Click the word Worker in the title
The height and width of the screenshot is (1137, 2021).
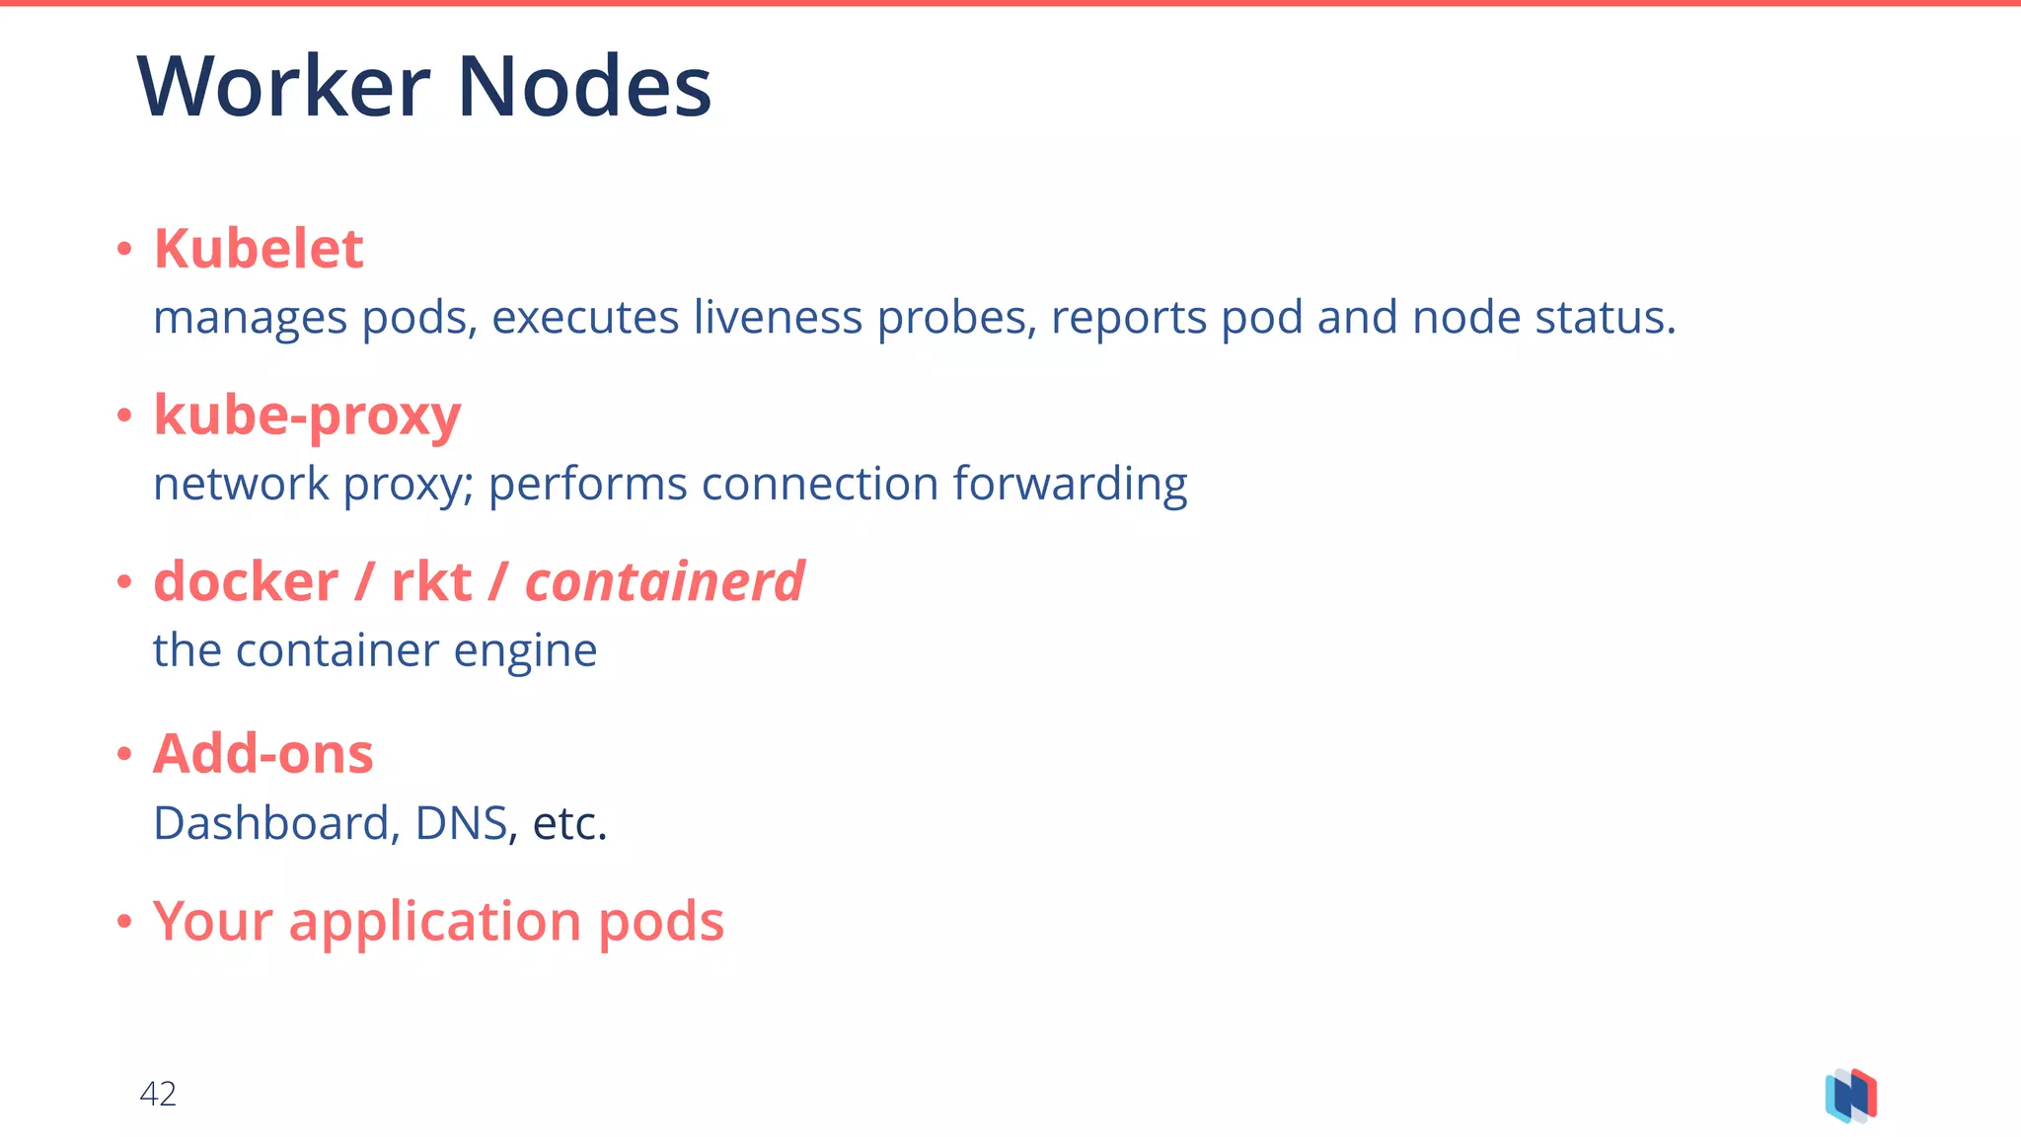click(x=284, y=87)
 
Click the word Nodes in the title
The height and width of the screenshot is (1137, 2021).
click(x=584, y=87)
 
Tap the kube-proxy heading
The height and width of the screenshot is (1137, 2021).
click(x=307, y=416)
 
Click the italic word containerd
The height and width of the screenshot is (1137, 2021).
click(x=664, y=581)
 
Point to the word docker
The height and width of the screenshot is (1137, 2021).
click(x=246, y=581)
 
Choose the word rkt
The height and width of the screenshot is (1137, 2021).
click(x=431, y=581)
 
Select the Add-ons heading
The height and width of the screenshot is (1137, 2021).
click(x=262, y=754)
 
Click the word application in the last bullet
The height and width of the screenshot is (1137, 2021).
click(x=435, y=921)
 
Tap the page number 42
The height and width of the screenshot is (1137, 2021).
click(x=158, y=1094)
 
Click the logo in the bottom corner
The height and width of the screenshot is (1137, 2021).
click(x=1850, y=1096)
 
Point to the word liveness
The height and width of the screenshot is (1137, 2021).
click(x=778, y=318)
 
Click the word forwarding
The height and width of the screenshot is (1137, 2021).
click(x=1070, y=485)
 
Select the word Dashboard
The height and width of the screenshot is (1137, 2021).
click(x=271, y=823)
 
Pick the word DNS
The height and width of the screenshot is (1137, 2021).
click(x=461, y=823)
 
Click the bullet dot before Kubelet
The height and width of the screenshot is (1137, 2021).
click(x=124, y=250)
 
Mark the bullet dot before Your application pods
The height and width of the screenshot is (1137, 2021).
click(x=124, y=923)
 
